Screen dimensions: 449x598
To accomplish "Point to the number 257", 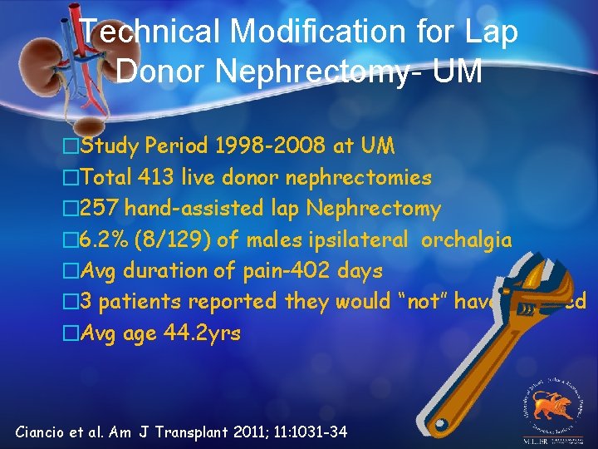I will click(x=102, y=208).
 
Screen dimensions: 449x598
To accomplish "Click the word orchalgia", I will click(x=467, y=239).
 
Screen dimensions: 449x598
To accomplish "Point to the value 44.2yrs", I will click(x=200, y=333).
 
